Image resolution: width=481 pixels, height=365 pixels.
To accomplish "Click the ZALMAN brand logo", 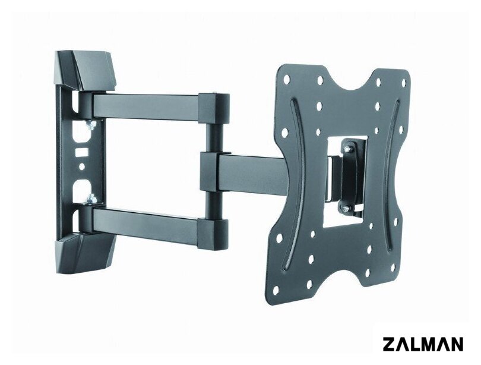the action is [x=423, y=344].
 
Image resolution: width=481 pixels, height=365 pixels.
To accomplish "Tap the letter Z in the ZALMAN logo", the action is [x=389, y=344].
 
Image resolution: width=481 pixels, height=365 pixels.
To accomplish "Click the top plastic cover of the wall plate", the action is [x=85, y=71].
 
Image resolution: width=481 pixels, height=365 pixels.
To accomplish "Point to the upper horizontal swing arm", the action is [x=145, y=106].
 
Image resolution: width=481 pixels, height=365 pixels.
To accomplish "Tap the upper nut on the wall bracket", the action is [x=90, y=124].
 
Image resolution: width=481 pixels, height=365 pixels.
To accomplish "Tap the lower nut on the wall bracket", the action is [x=91, y=199].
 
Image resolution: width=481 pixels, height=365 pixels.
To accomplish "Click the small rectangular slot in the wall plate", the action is [x=82, y=152].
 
